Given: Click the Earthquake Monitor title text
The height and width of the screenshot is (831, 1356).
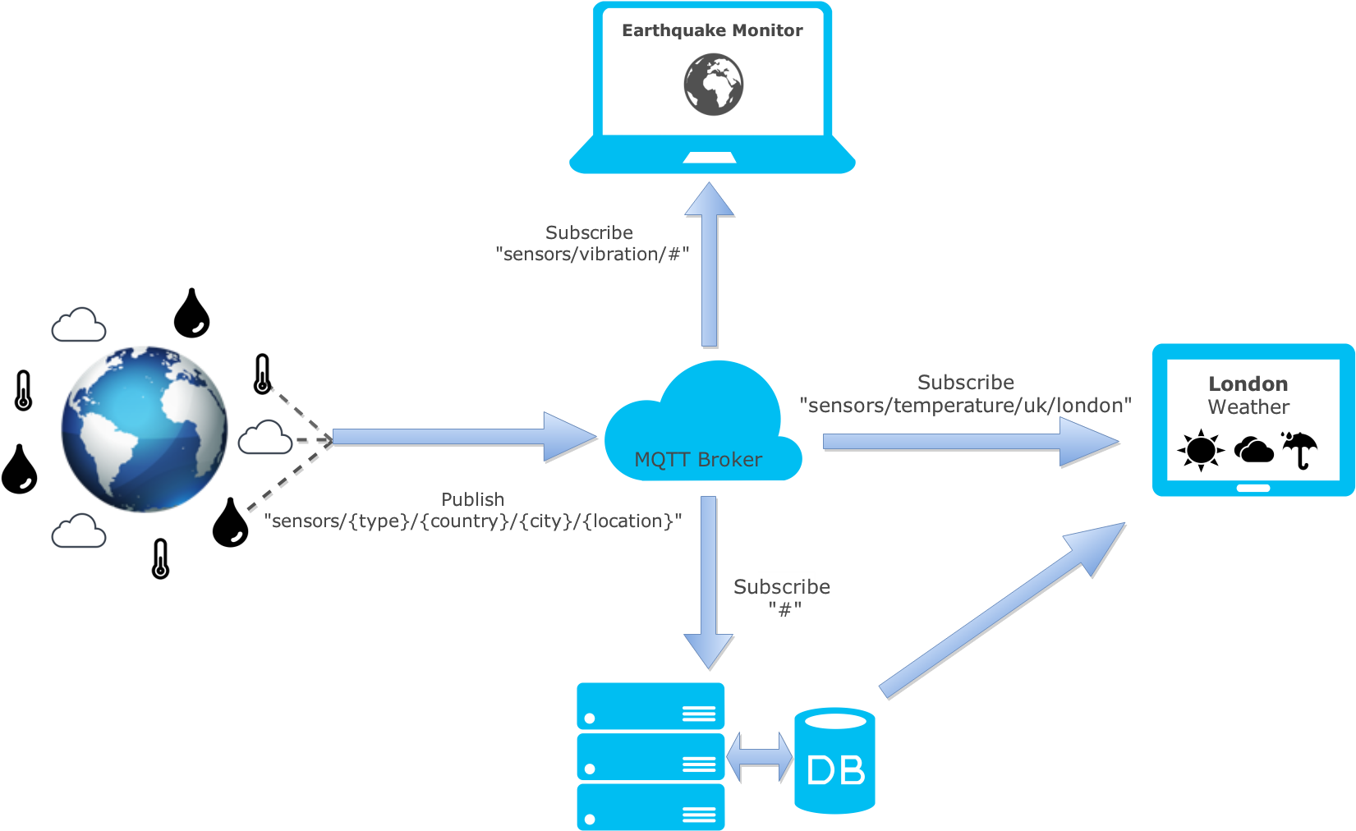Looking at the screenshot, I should pos(712,30).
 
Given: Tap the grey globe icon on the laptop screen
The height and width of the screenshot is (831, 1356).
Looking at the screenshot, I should pos(714,84).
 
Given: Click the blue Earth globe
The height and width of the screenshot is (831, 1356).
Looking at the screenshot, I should pos(144,429).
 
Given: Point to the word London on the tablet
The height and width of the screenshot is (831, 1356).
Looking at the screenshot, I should pos(1248,383).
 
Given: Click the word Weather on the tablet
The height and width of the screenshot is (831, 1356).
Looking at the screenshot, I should pos(1248,407).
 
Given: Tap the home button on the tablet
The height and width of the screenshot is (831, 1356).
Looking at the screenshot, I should pos(1253,488).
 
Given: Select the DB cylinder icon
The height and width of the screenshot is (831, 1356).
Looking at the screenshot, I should pos(834,761).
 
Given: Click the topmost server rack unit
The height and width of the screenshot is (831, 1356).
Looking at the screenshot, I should pos(650,706).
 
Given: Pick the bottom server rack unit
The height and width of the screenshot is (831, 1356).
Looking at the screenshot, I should pos(650,806).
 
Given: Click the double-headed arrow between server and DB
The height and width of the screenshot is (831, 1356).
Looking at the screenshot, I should pos(760,757).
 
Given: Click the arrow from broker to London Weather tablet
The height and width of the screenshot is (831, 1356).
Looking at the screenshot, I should pos(969,442).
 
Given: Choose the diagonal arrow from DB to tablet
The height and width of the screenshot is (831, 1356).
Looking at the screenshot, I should pos(1002,612).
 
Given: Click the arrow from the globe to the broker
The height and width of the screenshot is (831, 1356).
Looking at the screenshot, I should pos(460,438).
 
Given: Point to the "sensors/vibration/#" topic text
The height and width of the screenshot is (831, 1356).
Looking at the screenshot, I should pos(592,255).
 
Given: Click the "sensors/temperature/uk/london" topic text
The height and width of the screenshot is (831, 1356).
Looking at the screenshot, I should pos(966,406).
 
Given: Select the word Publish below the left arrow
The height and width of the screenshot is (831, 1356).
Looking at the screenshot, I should pos(472,499).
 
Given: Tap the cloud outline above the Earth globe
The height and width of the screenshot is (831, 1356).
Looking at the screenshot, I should pos(79,326).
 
